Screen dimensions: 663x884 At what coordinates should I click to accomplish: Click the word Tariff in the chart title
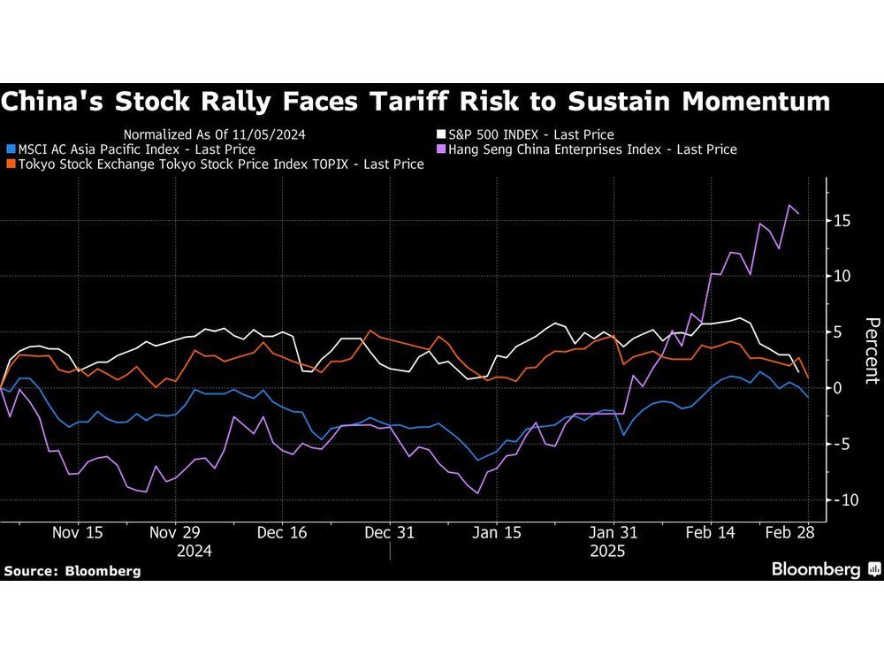tap(420, 102)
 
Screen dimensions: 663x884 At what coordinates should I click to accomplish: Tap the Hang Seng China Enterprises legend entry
tap(592, 149)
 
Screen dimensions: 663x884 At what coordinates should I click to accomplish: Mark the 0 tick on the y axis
tap(840, 388)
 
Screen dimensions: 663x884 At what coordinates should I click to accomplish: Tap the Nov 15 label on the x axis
tap(78, 533)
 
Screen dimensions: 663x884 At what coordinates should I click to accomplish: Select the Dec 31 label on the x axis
tap(390, 533)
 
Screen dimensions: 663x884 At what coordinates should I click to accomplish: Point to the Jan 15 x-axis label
tap(497, 533)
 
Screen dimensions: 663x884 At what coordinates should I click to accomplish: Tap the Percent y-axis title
tap(871, 350)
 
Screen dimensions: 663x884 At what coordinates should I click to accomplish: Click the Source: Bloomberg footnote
tap(72, 571)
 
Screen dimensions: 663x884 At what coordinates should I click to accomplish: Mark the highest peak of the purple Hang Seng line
tap(789, 205)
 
